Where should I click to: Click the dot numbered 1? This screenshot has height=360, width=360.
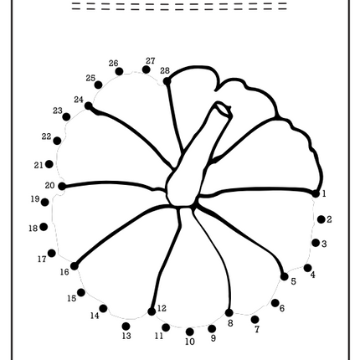(x=316, y=193)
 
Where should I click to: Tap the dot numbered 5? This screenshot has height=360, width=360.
(x=284, y=276)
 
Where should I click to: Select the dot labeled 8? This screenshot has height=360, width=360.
(x=229, y=312)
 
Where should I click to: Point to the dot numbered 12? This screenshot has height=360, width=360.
(x=152, y=311)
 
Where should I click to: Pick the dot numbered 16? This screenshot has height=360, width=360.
(x=75, y=266)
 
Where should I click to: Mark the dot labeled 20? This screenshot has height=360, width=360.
(x=62, y=186)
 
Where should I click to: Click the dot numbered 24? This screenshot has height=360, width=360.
(x=89, y=105)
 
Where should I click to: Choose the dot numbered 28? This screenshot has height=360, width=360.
(x=167, y=81)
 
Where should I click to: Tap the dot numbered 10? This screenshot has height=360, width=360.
(x=190, y=332)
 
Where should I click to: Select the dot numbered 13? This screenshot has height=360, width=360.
(x=126, y=326)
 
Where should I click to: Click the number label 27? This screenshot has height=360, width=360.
(x=151, y=61)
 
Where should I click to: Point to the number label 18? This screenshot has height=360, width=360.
(x=33, y=229)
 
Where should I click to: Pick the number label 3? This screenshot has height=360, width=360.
(x=324, y=244)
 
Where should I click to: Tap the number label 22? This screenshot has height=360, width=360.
(x=47, y=136)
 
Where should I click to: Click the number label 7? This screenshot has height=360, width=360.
(x=257, y=330)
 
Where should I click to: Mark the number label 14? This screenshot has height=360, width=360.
(x=95, y=316)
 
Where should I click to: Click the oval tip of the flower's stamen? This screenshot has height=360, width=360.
(x=224, y=110)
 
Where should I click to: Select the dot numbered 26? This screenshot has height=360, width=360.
(x=119, y=71)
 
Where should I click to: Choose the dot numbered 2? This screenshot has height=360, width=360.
(x=321, y=219)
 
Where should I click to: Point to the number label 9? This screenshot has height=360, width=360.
(x=213, y=338)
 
